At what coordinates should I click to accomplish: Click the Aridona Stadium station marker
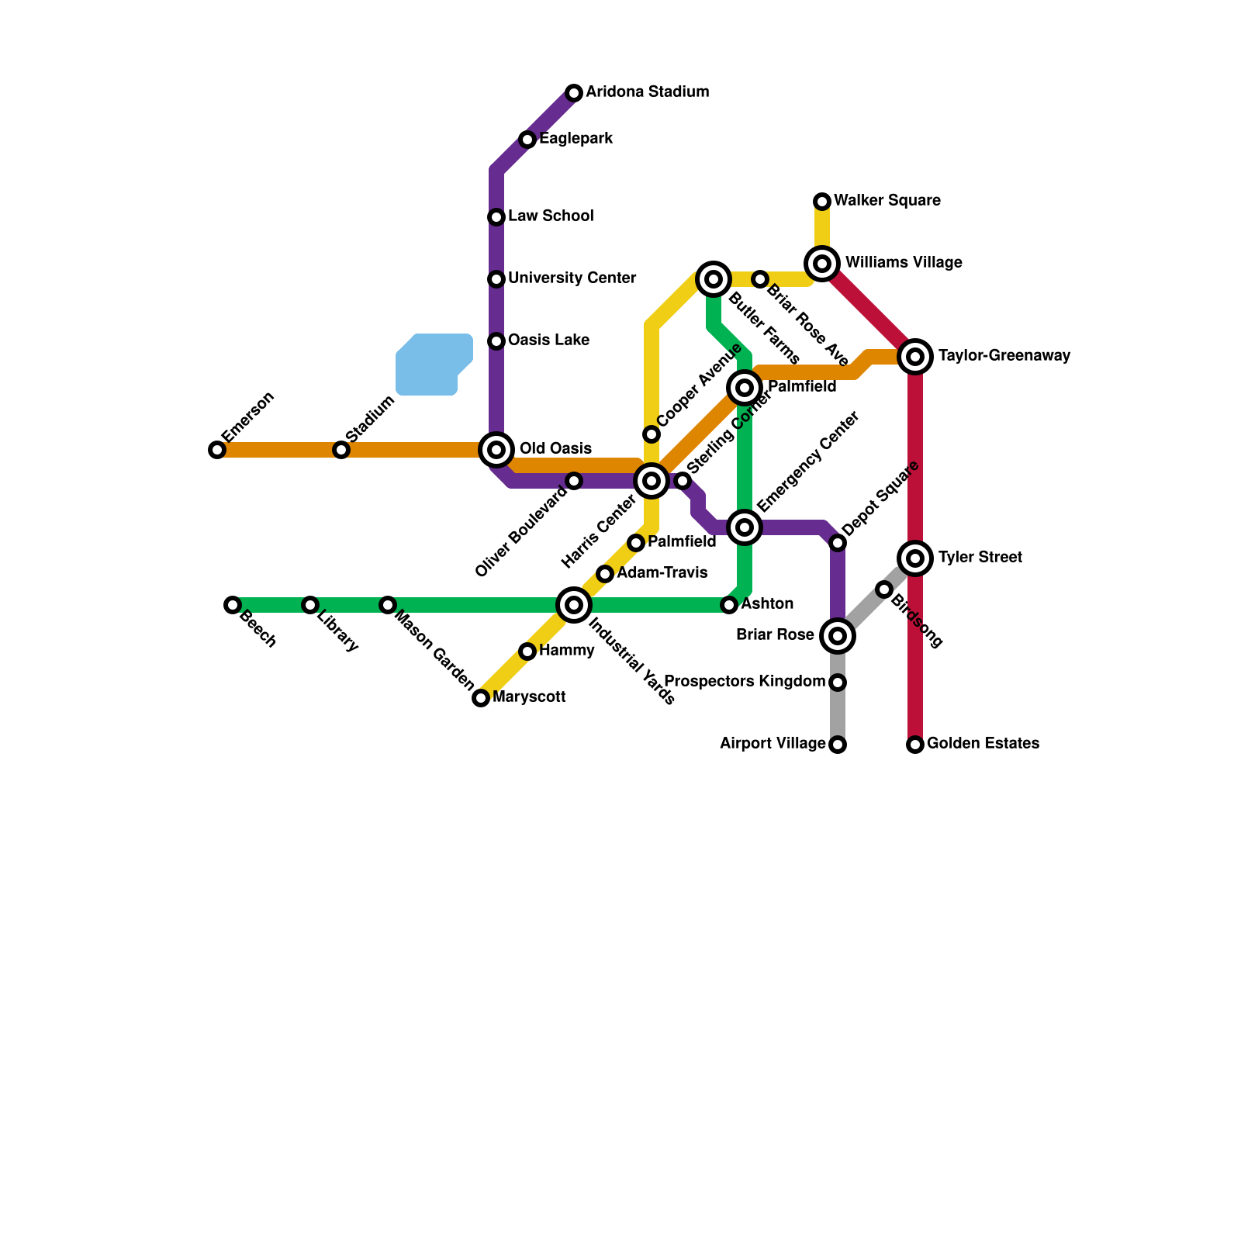574,93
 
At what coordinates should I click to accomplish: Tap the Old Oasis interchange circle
496,449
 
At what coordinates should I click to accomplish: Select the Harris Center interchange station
652,481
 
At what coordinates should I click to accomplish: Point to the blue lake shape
432,364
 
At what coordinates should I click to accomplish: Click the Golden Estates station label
983,744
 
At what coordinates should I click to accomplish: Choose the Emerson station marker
217,450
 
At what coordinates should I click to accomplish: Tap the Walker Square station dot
822,202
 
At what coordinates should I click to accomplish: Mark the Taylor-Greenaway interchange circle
915,357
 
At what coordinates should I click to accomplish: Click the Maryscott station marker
481,698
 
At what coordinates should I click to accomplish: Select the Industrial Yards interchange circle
574,605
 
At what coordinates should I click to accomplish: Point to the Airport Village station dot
838,745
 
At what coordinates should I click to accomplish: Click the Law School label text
551,216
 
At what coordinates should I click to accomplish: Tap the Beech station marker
233,605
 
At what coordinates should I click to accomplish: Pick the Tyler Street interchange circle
915,558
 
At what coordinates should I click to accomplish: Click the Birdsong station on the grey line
884,589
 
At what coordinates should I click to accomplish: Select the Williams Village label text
904,263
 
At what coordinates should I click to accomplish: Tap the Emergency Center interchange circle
745,527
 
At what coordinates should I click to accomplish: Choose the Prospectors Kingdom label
745,682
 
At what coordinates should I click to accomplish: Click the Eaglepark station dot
527,140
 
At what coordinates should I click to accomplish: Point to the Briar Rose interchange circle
838,636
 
